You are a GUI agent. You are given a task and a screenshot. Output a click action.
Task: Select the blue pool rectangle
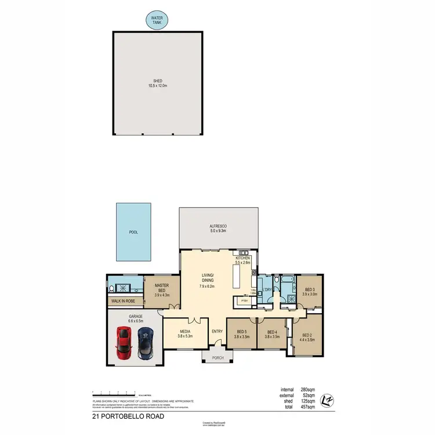click(x=133, y=231)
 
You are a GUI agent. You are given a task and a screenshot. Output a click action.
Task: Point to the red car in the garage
click(x=123, y=343)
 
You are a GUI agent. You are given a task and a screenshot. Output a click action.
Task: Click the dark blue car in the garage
click(x=145, y=343)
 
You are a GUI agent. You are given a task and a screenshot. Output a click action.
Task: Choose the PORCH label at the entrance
click(x=217, y=358)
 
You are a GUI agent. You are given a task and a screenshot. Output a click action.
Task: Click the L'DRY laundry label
click(x=267, y=289)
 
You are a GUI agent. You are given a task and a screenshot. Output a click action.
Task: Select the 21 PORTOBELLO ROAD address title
click(x=129, y=416)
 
